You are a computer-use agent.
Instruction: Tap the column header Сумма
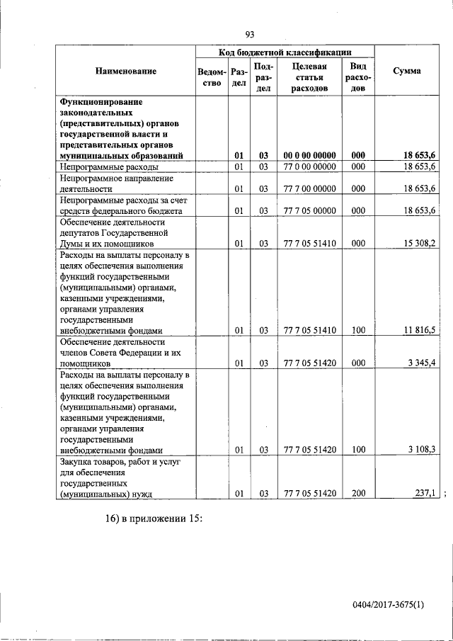pyautogui.click(x=407, y=71)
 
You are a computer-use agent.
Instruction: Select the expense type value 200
pyautogui.click(x=358, y=493)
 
